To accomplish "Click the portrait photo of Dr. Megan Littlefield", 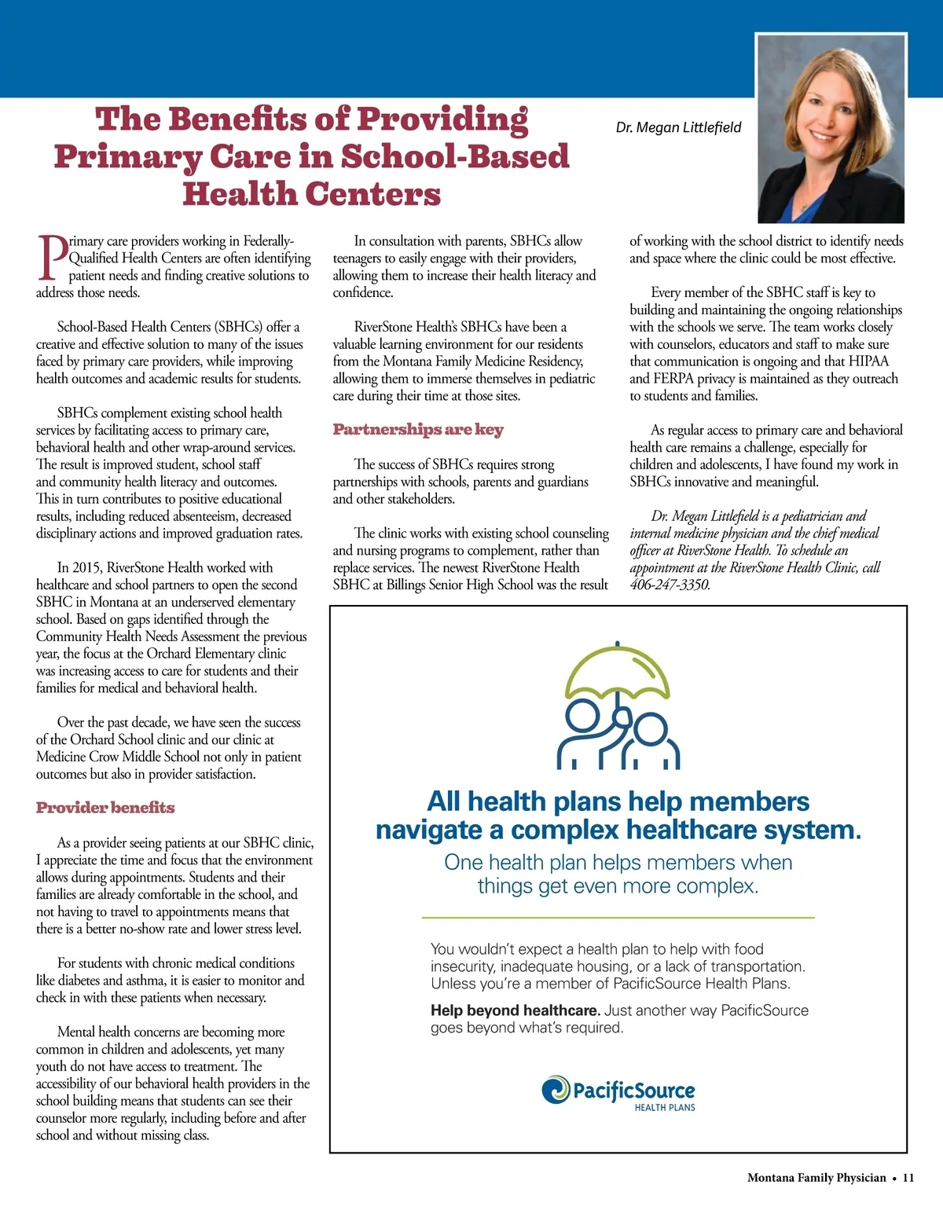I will tap(831, 130).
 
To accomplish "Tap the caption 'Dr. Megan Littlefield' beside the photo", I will tap(678, 127).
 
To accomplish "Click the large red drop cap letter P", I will tap(51, 257).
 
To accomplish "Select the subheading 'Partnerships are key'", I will tap(418, 430).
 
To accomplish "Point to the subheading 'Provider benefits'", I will tap(105, 808).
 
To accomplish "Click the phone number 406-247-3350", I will tap(670, 585).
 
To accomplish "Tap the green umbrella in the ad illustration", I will tap(618, 672).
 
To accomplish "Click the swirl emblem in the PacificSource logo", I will tap(556, 1090).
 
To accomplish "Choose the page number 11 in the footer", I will tap(908, 1178).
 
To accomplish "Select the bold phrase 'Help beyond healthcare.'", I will tap(515, 1010).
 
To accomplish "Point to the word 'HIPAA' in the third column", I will tap(868, 361).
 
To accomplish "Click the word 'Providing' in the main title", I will tap(442, 119).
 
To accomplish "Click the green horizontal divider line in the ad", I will tap(618, 917).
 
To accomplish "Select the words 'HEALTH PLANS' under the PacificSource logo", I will tap(665, 1108).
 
